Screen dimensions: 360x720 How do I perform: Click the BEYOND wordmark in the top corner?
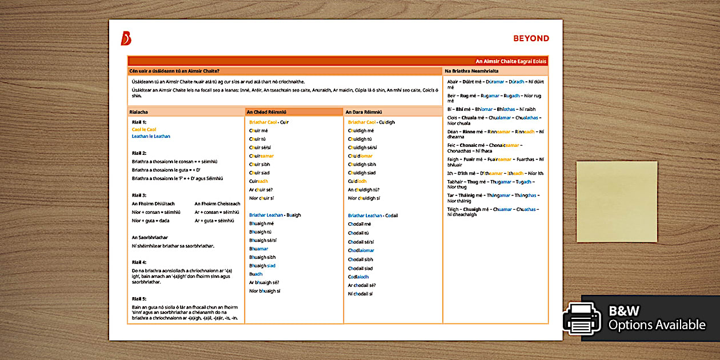tap(531, 39)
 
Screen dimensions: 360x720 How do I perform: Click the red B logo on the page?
tap(126, 38)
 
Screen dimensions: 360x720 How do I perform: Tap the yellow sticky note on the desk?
tap(617, 201)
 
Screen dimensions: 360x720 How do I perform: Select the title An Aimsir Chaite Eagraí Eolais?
tap(511, 61)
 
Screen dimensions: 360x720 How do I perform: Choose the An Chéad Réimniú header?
tap(266, 112)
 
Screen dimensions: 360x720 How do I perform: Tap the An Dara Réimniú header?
tap(363, 112)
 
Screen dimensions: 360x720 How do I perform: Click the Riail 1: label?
tap(139, 122)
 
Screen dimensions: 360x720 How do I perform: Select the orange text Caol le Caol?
tap(144, 129)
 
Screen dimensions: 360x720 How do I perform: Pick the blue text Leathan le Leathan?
tap(151, 136)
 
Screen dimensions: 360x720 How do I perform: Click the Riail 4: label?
tap(139, 262)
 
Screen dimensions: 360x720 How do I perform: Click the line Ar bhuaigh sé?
tap(264, 282)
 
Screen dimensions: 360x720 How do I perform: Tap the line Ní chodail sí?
tap(360, 294)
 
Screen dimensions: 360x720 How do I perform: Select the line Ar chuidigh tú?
tap(364, 190)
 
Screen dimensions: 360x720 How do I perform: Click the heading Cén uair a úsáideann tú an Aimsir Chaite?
tap(175, 71)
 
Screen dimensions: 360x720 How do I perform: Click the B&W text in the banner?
tap(624, 311)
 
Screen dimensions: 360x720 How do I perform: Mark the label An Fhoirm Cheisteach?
tap(217, 203)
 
